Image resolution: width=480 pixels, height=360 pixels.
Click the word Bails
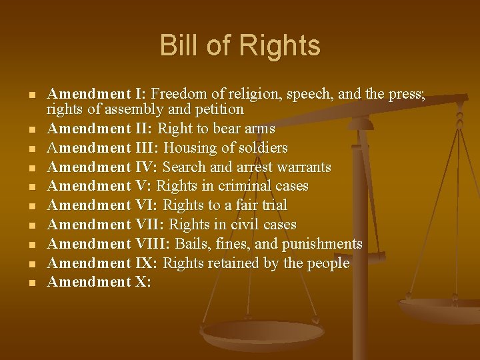(x=207, y=244)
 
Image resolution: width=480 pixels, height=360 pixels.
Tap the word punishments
(x=325, y=244)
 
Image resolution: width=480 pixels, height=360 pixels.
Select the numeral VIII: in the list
(x=151, y=244)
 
